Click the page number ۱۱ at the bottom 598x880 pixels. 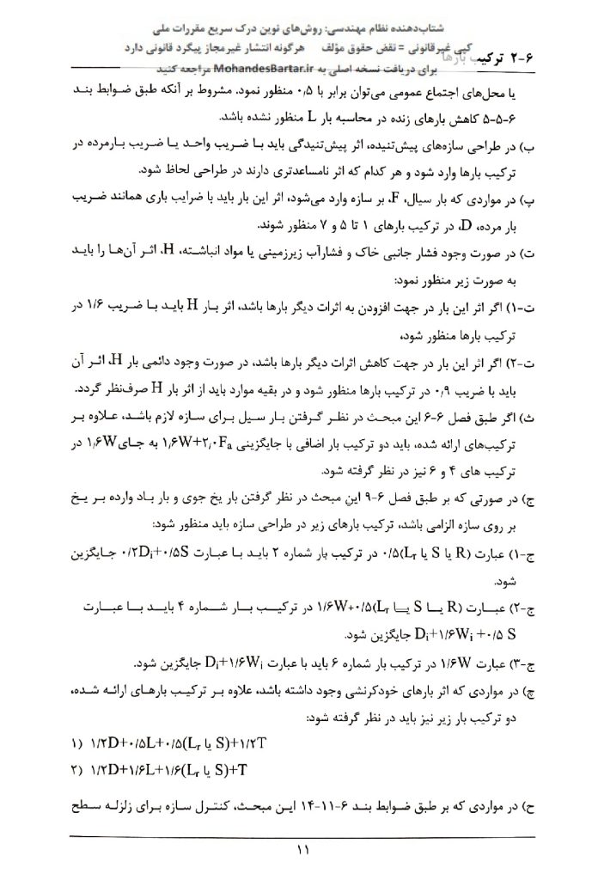302,851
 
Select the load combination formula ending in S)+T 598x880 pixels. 176,765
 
